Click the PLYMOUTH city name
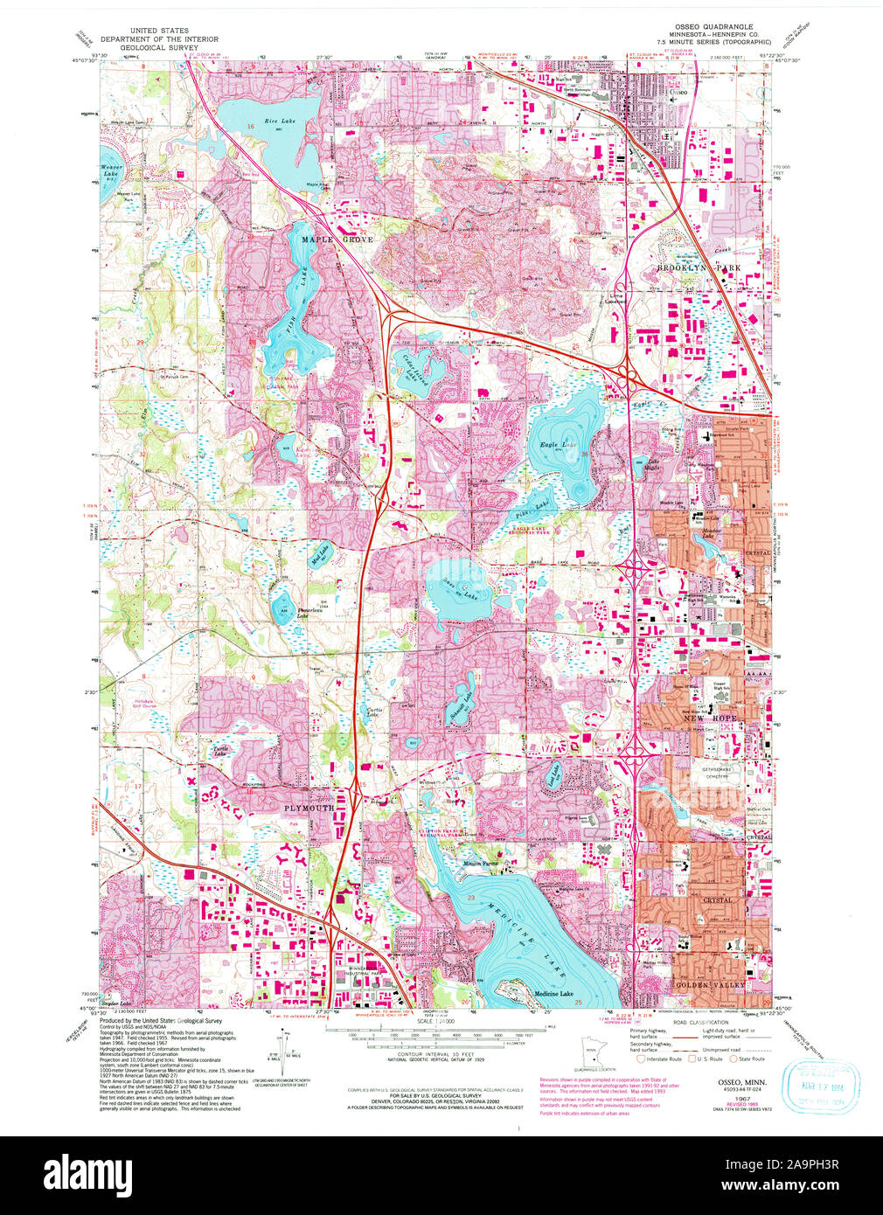[308, 809]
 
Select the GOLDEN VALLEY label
[709, 985]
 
